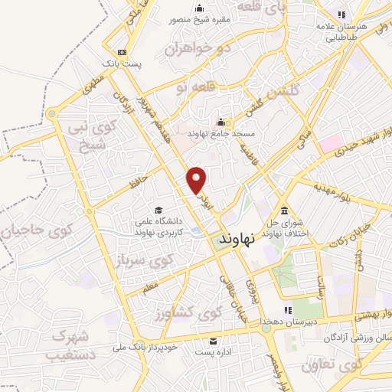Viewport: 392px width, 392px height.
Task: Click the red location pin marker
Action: coord(198,179)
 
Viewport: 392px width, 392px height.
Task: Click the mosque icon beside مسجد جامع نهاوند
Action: coord(220,122)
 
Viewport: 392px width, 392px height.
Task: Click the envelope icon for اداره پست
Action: coord(213,341)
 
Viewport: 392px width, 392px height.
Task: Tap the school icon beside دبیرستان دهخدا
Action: coord(288,310)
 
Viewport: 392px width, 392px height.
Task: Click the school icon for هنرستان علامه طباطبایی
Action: coord(341,15)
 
